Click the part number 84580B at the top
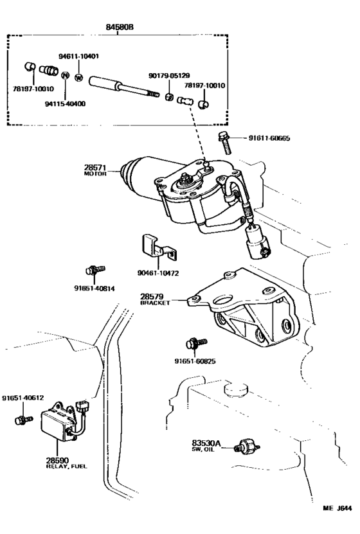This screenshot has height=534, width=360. pos(120,27)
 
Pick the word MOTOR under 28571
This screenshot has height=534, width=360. pos(94,174)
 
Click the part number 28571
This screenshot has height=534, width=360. pos(94,167)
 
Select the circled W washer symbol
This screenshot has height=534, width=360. pos(78,77)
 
